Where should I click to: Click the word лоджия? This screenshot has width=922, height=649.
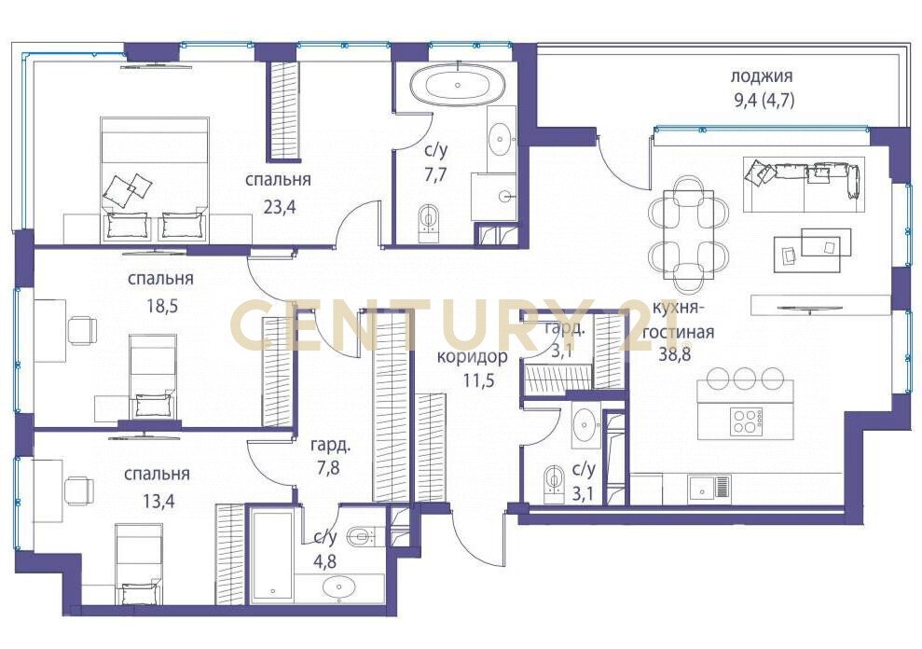pyautogui.click(x=762, y=76)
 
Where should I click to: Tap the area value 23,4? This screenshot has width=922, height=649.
pyautogui.click(x=279, y=207)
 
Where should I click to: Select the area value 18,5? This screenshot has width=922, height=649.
pyautogui.click(x=160, y=306)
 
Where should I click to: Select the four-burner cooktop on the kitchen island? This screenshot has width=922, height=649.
pyautogui.click(x=746, y=421)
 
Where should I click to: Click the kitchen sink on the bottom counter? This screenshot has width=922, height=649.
pyautogui.click(x=709, y=487)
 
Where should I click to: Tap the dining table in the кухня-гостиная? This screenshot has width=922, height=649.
pyautogui.click(x=689, y=234)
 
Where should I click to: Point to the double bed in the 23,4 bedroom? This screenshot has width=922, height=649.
pyautogui.click(x=156, y=179)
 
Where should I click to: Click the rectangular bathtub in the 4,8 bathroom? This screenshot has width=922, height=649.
pyautogui.click(x=271, y=556)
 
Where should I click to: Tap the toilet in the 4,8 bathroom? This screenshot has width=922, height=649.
pyautogui.click(x=362, y=536)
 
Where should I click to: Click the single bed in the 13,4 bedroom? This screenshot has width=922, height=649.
pyautogui.click(x=138, y=564)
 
